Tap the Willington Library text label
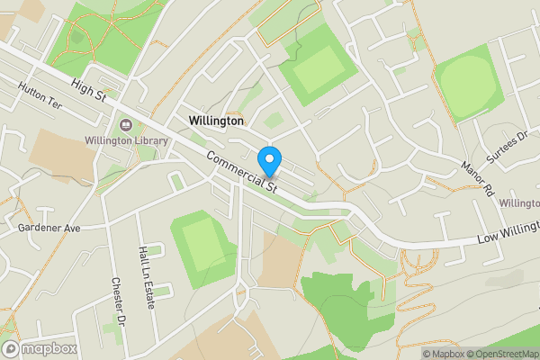[x=127, y=140]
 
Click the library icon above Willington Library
[x=125, y=124]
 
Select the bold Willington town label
[x=216, y=120]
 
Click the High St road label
[x=88, y=91]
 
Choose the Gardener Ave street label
[x=49, y=229]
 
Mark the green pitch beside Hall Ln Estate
[x=203, y=244]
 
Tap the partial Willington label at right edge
[x=519, y=204]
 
